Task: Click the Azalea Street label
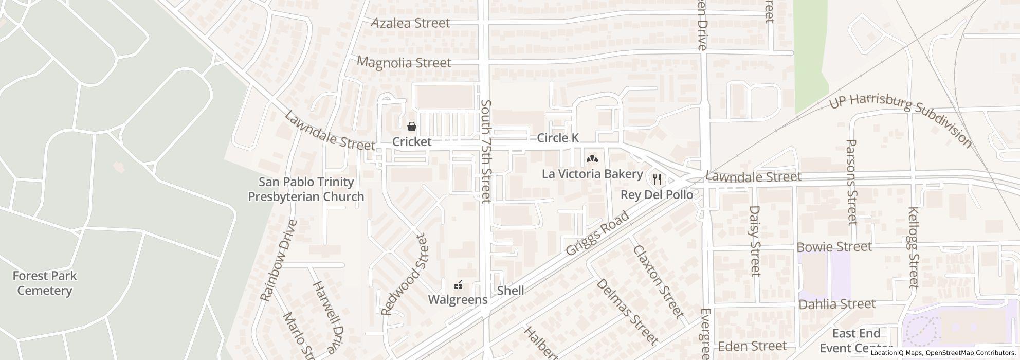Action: coord(410,23)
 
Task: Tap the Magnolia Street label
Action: coord(404,63)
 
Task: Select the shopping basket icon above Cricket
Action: coord(412,127)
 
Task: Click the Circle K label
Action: coord(558,138)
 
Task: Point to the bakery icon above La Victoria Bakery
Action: coord(592,159)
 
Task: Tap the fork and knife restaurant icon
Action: coord(657,179)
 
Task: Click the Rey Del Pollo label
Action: coord(657,195)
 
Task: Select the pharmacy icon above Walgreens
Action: coord(458,284)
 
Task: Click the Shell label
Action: coord(511,291)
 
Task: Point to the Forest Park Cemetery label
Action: coord(45,283)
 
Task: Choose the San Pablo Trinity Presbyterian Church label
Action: coord(306,189)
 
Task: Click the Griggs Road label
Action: coord(597,233)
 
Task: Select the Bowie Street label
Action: coord(834,247)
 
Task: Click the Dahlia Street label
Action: coord(836,304)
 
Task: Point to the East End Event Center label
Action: coord(856,340)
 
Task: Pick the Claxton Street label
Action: coord(658,281)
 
